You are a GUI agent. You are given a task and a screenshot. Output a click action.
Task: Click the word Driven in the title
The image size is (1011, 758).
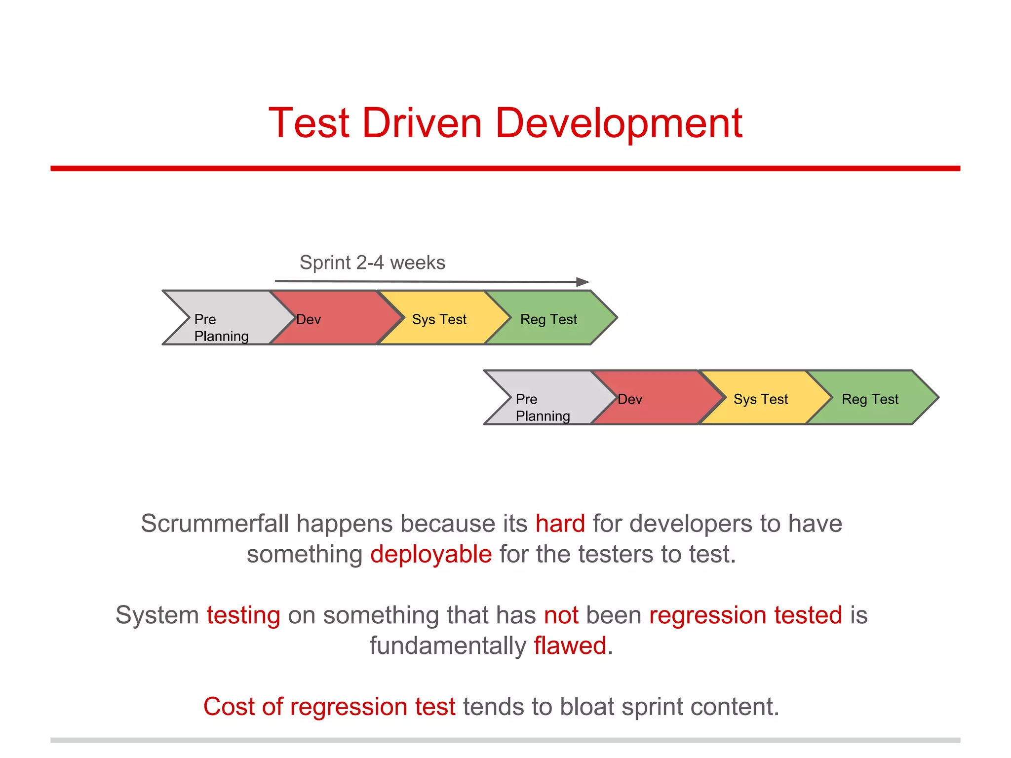click(x=422, y=123)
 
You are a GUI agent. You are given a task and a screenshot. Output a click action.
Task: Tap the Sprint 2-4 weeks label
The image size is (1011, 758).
click(x=372, y=263)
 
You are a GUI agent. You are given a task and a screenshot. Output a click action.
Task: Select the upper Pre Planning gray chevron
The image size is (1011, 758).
click(x=227, y=318)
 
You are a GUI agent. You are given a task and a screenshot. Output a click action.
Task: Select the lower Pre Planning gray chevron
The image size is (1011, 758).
click(x=548, y=398)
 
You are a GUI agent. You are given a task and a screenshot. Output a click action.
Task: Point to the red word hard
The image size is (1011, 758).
click(x=560, y=524)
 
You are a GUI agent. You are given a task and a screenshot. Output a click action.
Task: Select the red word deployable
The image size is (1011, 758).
click(x=431, y=554)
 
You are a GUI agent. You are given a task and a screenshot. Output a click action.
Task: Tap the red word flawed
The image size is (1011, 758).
click(x=570, y=645)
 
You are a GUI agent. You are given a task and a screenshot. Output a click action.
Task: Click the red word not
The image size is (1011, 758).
click(x=561, y=615)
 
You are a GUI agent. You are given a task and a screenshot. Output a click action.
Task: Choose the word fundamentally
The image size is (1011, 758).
click(x=448, y=645)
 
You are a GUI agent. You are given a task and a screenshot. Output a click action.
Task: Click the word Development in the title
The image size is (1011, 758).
click(x=619, y=123)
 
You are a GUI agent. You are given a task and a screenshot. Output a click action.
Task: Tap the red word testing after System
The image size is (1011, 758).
click(x=243, y=615)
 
